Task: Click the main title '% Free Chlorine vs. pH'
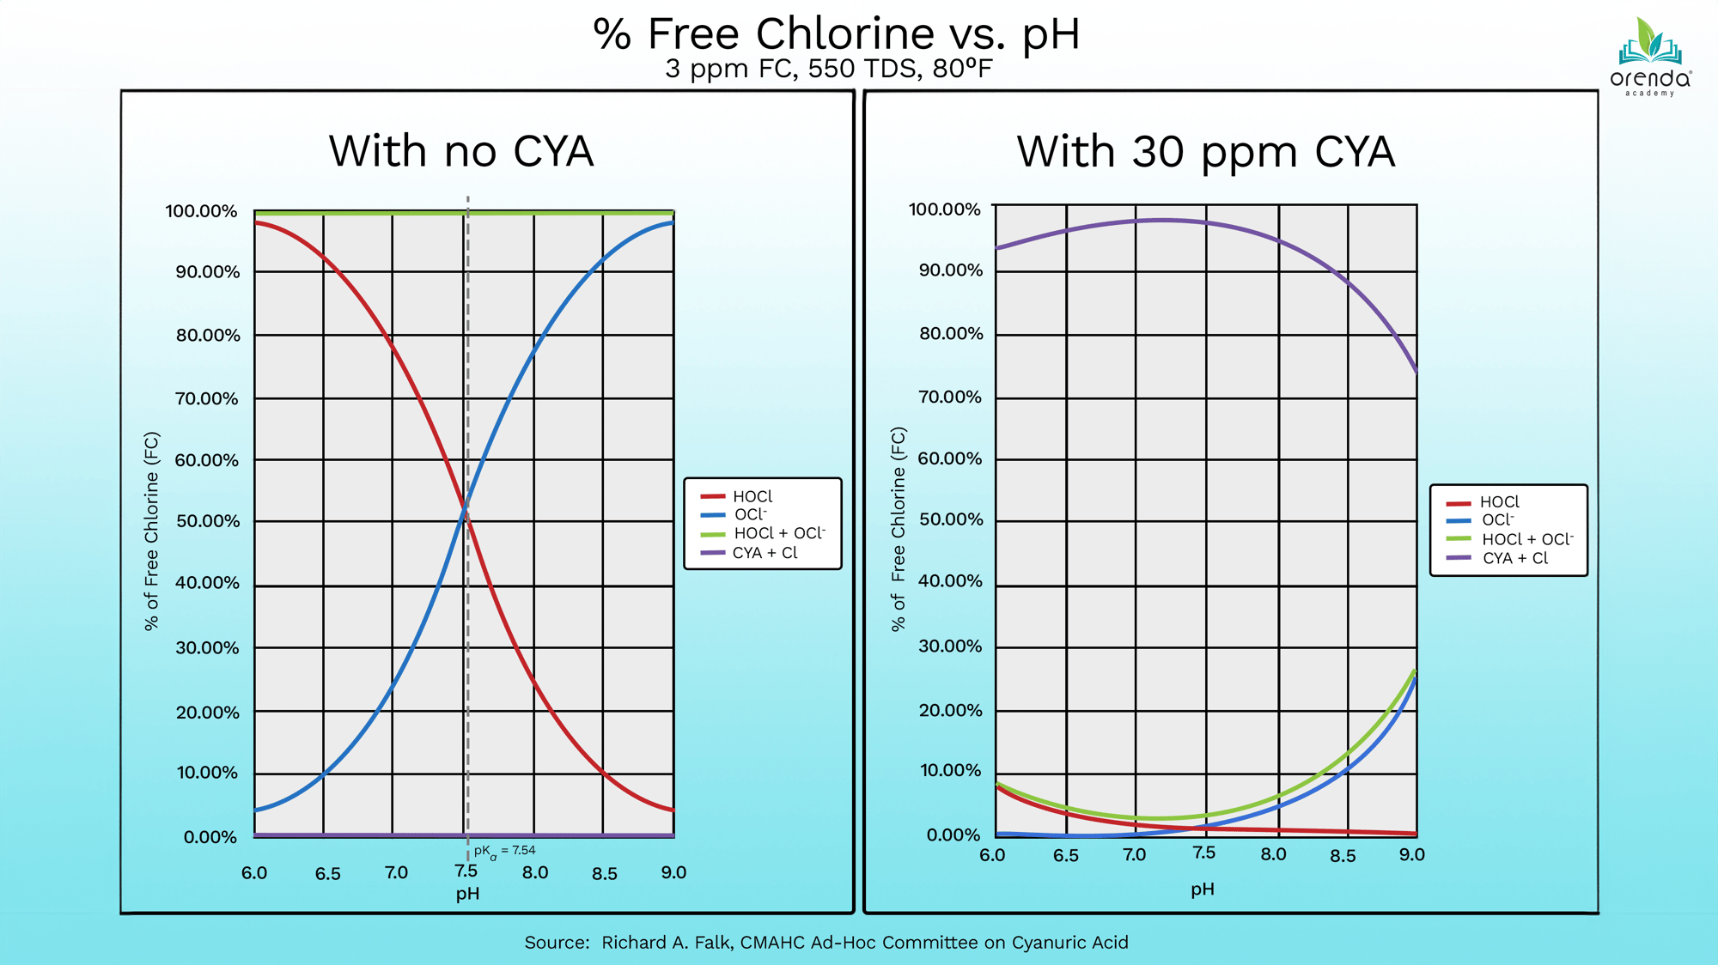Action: pyautogui.click(x=836, y=34)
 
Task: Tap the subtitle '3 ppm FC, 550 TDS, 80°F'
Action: pyautogui.click(x=828, y=69)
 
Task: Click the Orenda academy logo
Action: pyautogui.click(x=1649, y=57)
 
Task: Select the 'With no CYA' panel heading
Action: pyautogui.click(x=461, y=151)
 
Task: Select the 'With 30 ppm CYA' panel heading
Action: pyautogui.click(x=1205, y=151)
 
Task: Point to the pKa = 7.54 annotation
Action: pyautogui.click(x=504, y=851)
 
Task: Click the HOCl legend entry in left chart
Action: pyautogui.click(x=752, y=496)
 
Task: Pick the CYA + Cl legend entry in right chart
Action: pyautogui.click(x=1514, y=558)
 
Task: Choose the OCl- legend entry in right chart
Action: pyautogui.click(x=1496, y=520)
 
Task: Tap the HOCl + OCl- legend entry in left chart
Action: pyautogui.click(x=778, y=533)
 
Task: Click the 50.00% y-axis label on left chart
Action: pyautogui.click(x=208, y=521)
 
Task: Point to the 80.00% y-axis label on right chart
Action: pyautogui.click(x=951, y=333)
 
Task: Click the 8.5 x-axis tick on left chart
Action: pyautogui.click(x=604, y=874)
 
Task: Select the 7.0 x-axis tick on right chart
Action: pyautogui.click(x=1134, y=854)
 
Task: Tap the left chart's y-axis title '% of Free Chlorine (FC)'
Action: pyautogui.click(x=152, y=531)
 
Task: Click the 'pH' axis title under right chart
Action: pyautogui.click(x=1202, y=889)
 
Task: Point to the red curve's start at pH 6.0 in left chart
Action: pyautogui.click(x=256, y=223)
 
